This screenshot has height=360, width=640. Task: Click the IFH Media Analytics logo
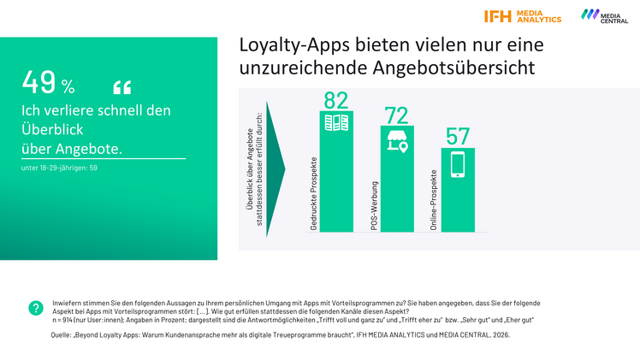tap(522, 16)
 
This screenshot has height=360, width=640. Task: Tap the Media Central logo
tap(604, 16)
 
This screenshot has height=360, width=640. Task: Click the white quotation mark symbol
tap(122, 87)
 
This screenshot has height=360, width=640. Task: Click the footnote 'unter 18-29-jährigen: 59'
tap(59, 168)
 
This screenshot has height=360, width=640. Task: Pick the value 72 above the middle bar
tap(396, 115)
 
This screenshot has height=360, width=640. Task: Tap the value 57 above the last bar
tap(458, 136)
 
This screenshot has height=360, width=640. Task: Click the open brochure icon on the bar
tap(335, 123)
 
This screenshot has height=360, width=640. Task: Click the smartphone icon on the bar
tap(458, 163)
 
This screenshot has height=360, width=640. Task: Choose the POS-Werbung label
tap(374, 206)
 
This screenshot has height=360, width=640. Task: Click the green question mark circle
tap(36, 308)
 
